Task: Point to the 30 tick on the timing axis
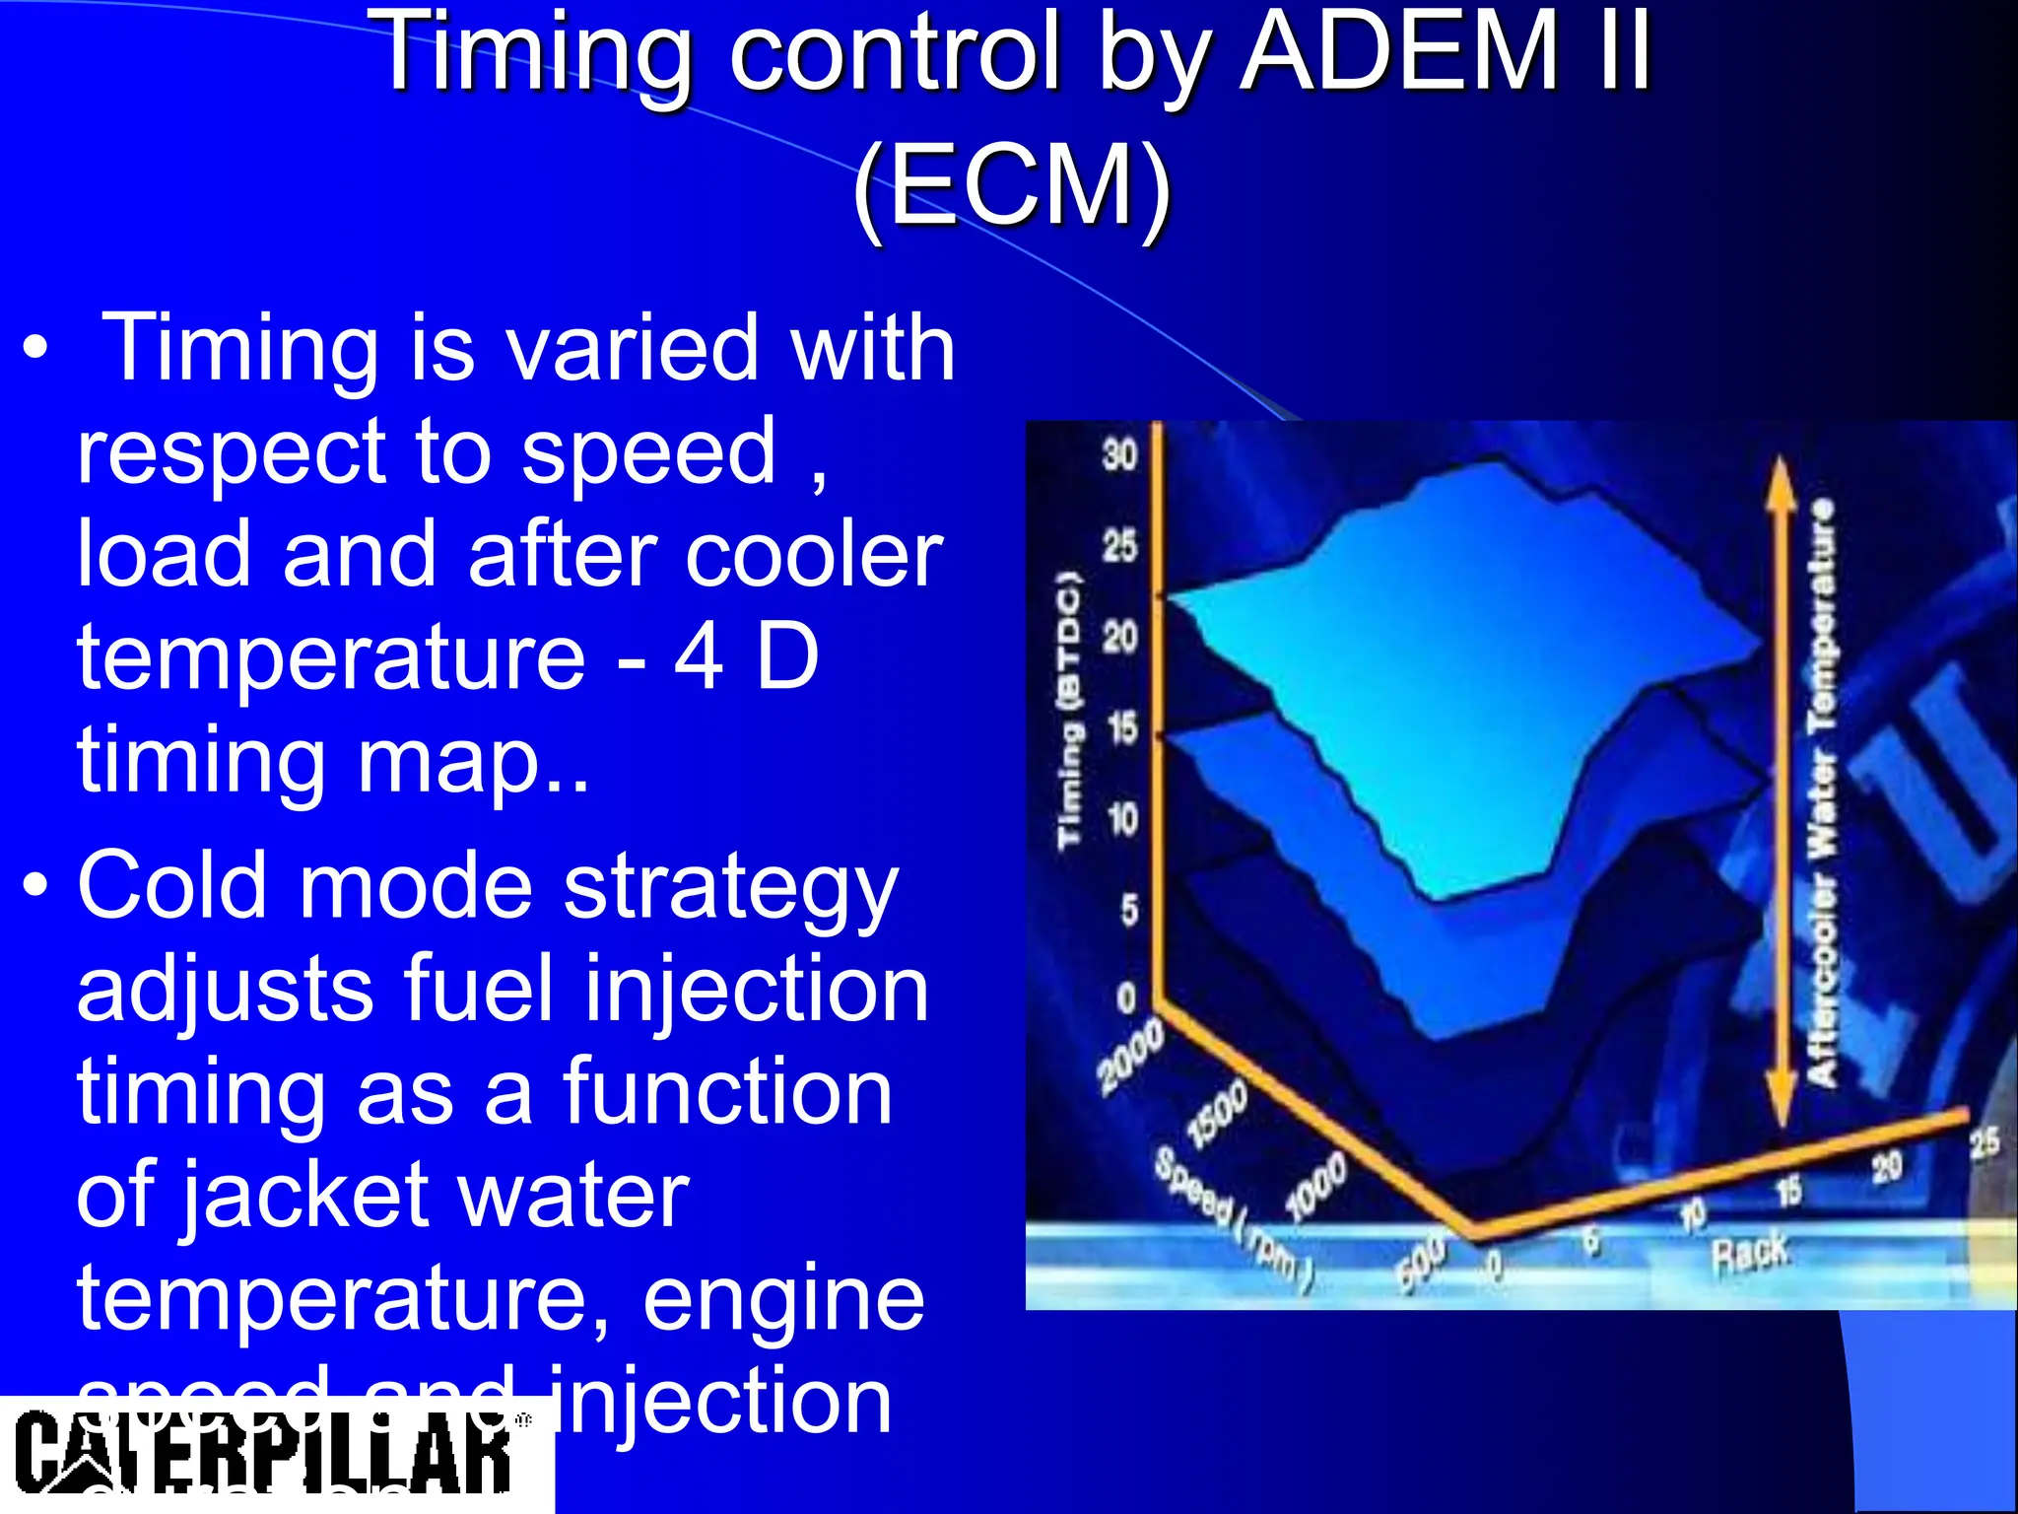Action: coord(1120,455)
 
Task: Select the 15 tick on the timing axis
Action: coord(1121,728)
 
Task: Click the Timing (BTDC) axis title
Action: coord(1069,709)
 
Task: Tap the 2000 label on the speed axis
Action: coord(1130,1058)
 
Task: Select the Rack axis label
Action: coord(1750,1254)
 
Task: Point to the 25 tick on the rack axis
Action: coord(1984,1143)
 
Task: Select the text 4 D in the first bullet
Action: coord(746,657)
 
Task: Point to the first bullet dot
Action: coord(36,350)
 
